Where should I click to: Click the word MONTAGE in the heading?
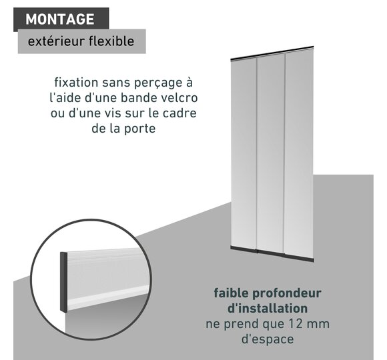[60, 19]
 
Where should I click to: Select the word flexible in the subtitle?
[111, 41]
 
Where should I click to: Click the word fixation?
[76, 83]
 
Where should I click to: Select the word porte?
[139, 129]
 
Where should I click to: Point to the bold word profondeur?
[287, 294]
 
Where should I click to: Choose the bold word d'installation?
[268, 309]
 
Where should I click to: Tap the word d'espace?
[268, 339]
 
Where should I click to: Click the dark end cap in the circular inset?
[63, 282]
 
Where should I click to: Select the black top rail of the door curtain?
[272, 53]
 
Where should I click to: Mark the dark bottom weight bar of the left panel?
[244, 249]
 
